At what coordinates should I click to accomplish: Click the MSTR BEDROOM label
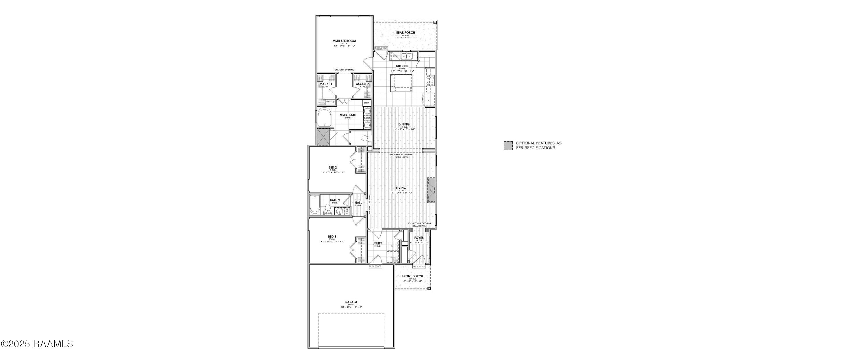click(344, 41)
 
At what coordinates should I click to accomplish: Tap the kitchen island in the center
click(401, 82)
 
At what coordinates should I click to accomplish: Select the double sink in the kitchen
click(407, 56)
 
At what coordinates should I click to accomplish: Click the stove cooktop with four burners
click(430, 80)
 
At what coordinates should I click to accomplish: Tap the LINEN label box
click(366, 103)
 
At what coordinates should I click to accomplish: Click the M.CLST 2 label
click(362, 84)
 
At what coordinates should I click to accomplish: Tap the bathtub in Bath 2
click(315, 204)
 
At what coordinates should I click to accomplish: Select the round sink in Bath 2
click(340, 211)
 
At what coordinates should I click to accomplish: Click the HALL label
click(358, 203)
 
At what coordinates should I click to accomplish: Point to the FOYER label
click(419, 238)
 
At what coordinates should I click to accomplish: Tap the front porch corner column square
click(429, 288)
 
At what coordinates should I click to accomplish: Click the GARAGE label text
click(351, 302)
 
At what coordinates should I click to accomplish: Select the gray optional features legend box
click(508, 145)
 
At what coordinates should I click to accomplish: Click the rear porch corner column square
click(435, 23)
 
